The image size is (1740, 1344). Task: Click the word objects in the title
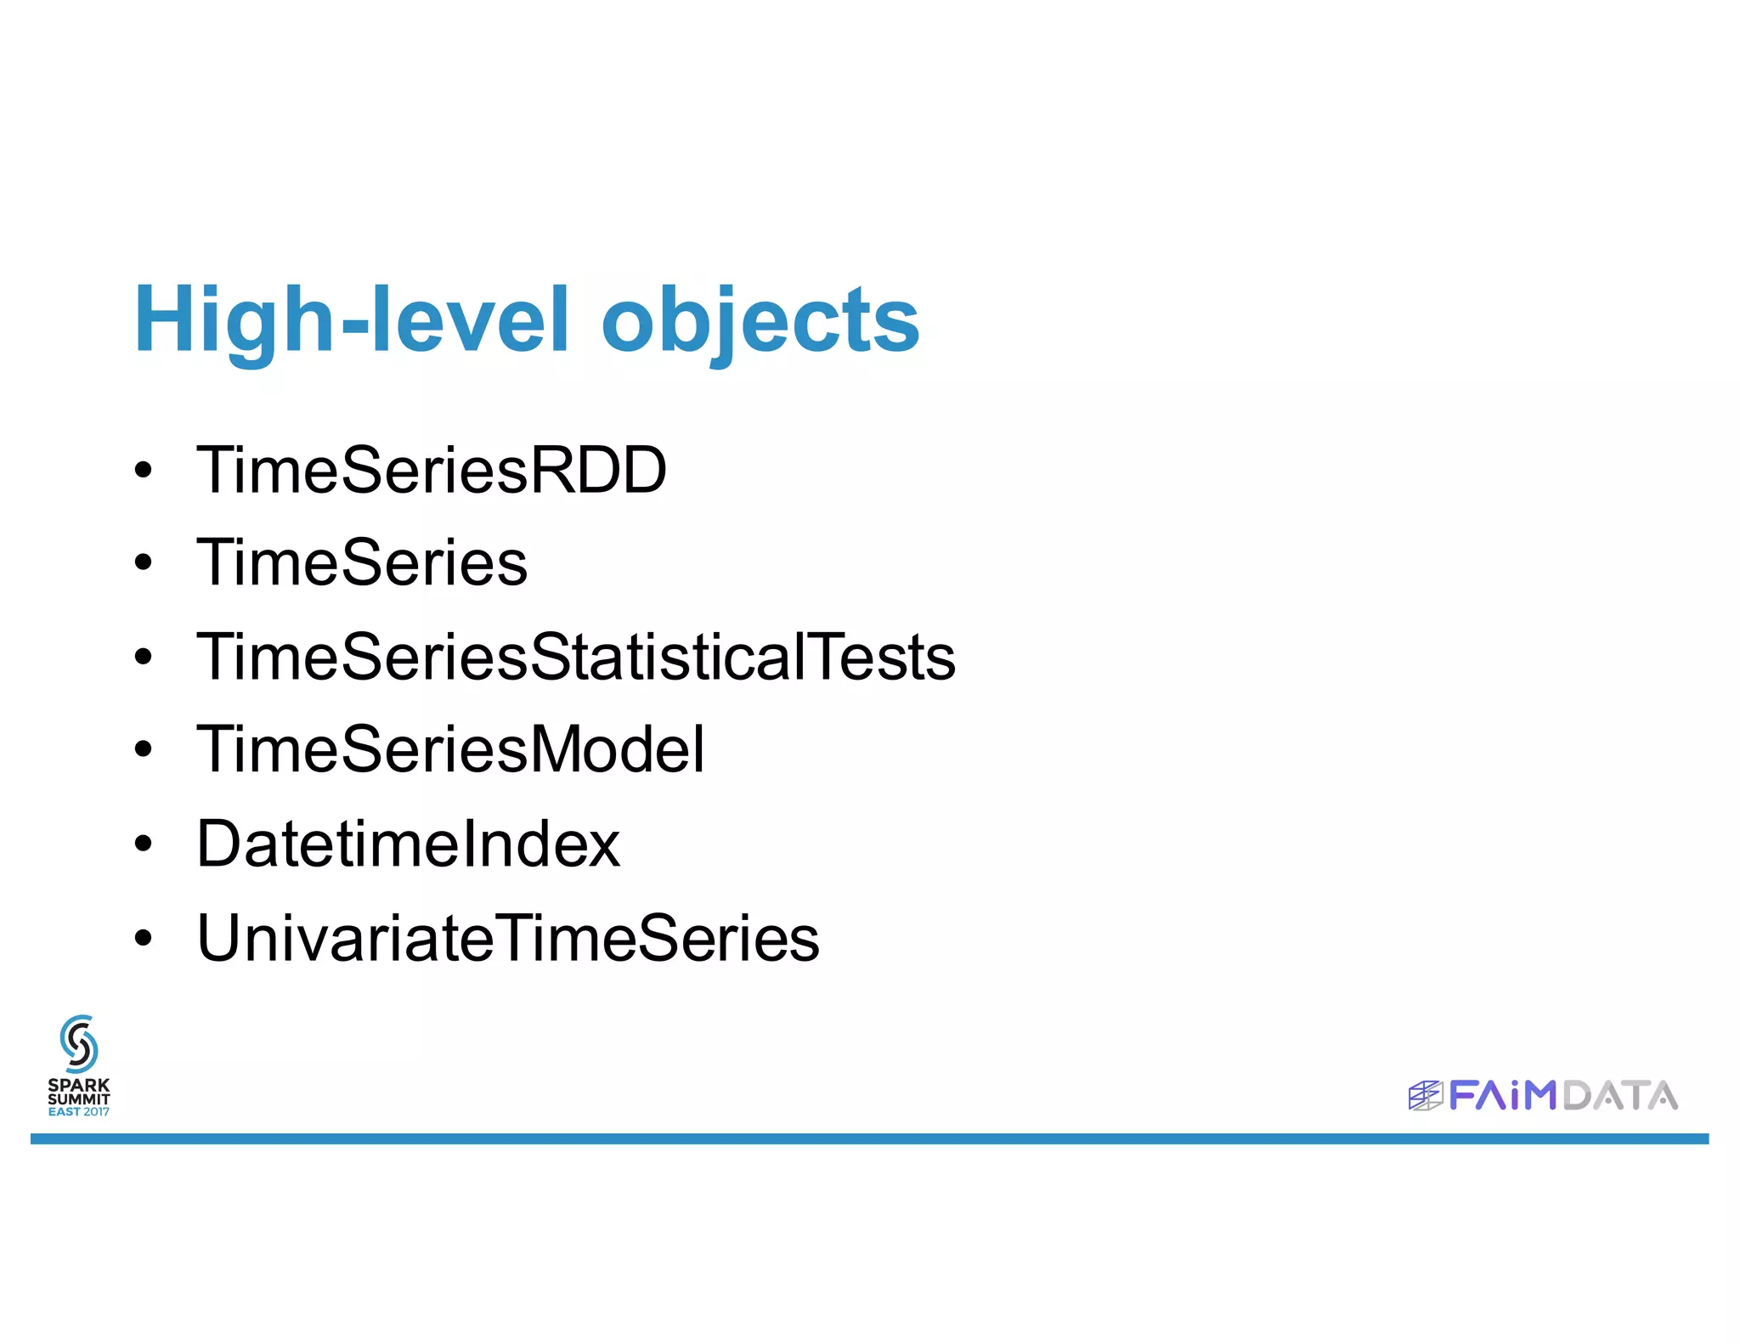760,320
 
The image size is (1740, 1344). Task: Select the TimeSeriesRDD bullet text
431,470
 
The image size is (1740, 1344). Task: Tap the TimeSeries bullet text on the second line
361,563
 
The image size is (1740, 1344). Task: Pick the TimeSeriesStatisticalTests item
575,657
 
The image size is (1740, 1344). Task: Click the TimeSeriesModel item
449,749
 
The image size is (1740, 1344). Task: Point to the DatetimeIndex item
408,844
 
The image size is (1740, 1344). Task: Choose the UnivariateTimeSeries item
507,938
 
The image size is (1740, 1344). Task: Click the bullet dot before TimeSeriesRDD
144,470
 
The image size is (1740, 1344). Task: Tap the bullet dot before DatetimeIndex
144,844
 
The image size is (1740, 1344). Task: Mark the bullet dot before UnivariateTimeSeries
144,938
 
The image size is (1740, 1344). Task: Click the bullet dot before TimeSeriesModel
144,749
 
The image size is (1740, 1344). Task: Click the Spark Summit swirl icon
79,1043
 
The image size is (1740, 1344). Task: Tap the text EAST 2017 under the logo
79,1112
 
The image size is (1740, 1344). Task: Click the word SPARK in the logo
79,1085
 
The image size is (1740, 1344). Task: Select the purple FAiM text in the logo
1502,1095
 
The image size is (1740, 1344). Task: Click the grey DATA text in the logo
1620,1095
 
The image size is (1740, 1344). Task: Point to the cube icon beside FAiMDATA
1425,1096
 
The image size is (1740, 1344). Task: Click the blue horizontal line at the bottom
869,1138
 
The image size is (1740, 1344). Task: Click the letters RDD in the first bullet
599,470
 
